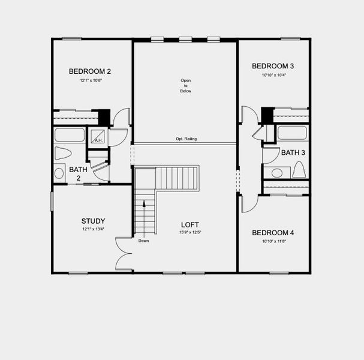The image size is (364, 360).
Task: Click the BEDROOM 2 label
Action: point(89,71)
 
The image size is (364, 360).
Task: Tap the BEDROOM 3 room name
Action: point(272,66)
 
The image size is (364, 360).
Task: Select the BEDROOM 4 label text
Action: point(272,233)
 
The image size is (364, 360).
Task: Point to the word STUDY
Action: point(94,220)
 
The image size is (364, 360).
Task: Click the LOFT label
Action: point(190,224)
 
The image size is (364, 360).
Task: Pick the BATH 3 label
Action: point(293,152)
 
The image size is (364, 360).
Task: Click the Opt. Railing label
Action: point(186,139)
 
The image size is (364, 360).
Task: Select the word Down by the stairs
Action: point(143,241)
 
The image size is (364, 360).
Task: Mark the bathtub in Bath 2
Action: point(70,134)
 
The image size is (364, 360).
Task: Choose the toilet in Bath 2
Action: point(62,153)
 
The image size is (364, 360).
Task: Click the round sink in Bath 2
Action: point(59,173)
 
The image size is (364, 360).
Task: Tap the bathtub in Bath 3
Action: point(292,133)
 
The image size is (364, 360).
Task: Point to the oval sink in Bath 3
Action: point(277,173)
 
